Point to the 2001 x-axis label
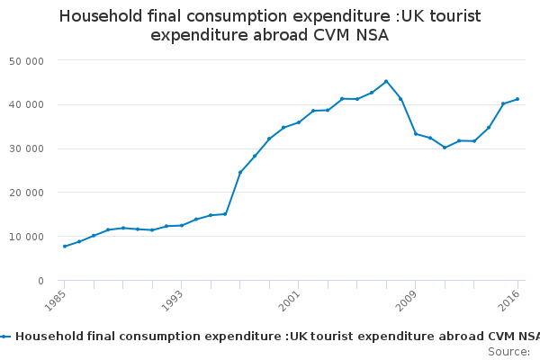[x=288, y=298]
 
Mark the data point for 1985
[x=65, y=247]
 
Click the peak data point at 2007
[x=386, y=81]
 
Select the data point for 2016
[x=517, y=99]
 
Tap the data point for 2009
[x=415, y=134]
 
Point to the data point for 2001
[x=299, y=122]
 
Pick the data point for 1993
[x=182, y=225]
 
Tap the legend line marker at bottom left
[x=5, y=337]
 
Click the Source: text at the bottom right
[x=508, y=351]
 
